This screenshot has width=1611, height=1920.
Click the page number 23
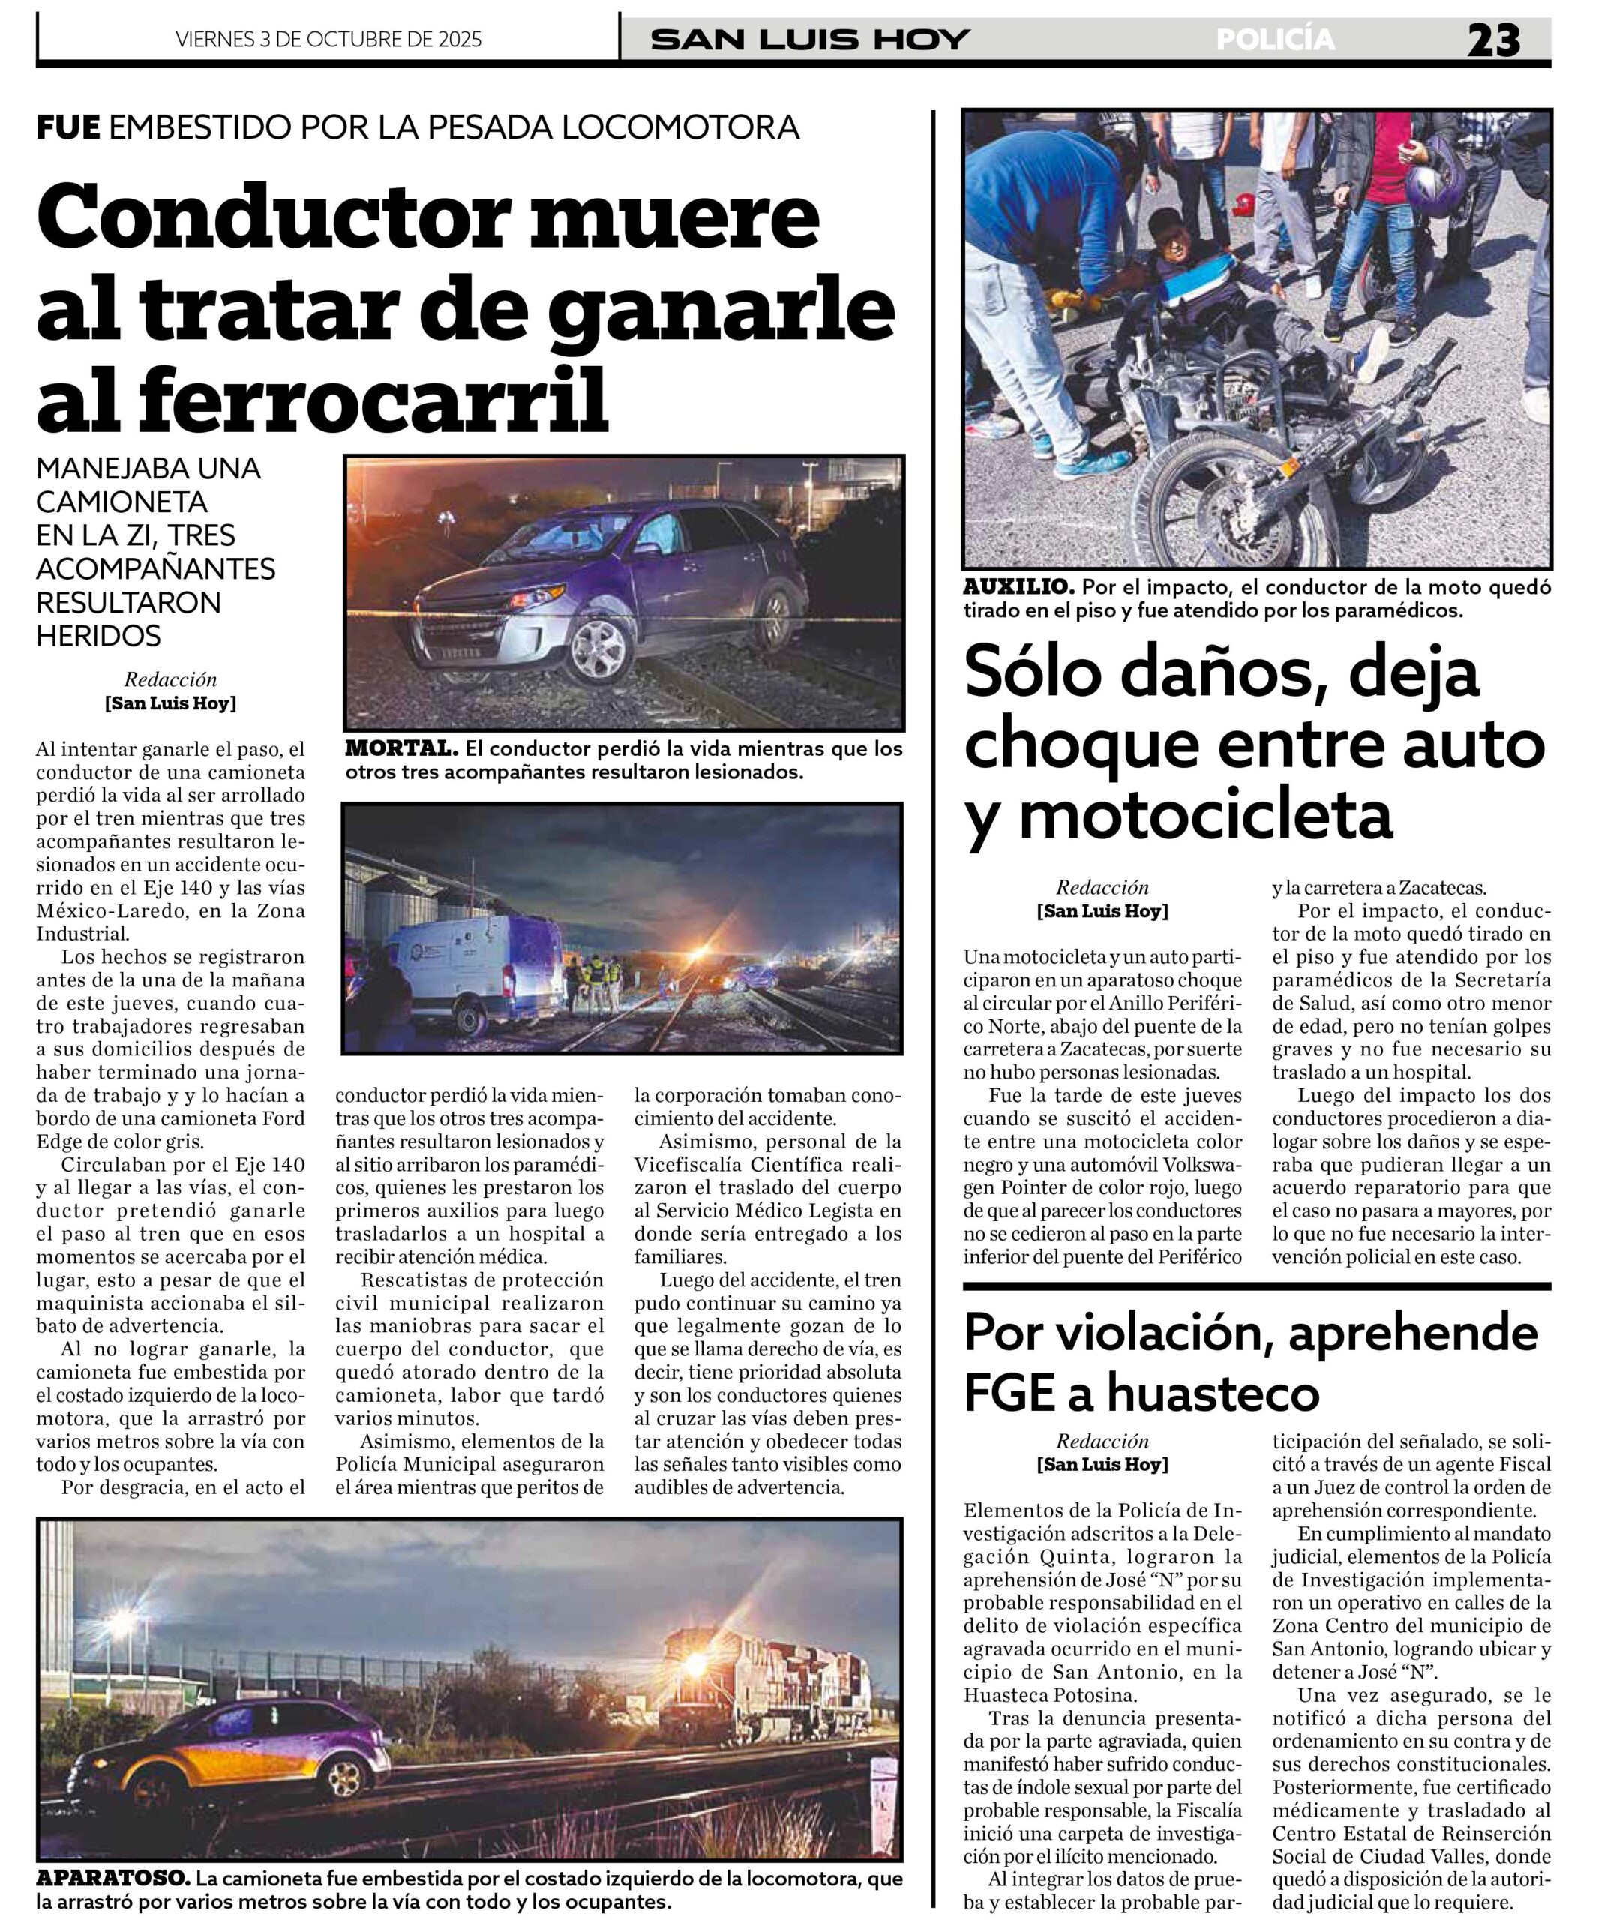[x=1494, y=41]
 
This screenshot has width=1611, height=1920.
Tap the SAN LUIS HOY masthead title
[x=809, y=40]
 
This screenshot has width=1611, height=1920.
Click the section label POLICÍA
[x=1276, y=40]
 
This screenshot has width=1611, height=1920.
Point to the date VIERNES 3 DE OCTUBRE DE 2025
[x=328, y=39]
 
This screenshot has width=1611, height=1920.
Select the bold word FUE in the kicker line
[x=67, y=127]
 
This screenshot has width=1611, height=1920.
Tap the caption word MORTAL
[x=400, y=748]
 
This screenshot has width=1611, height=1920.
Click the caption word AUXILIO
[x=1018, y=587]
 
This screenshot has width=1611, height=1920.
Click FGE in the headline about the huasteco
[x=1009, y=1393]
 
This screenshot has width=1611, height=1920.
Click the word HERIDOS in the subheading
[x=99, y=635]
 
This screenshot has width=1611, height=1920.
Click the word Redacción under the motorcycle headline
[x=1102, y=886]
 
